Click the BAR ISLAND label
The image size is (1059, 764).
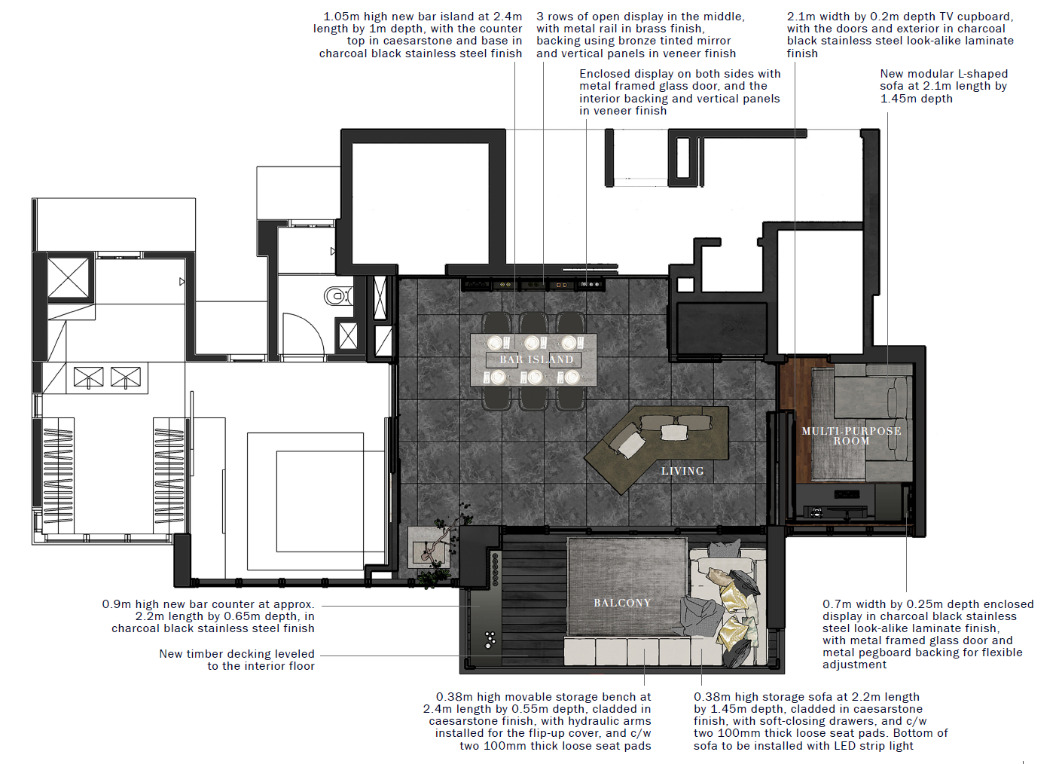click(536, 359)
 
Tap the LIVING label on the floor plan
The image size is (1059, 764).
click(682, 471)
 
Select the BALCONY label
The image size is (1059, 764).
click(622, 603)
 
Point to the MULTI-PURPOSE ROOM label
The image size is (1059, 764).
click(851, 435)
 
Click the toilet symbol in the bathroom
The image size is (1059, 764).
click(337, 297)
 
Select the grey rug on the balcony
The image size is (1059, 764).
click(626, 587)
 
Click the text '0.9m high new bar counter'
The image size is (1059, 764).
click(208, 604)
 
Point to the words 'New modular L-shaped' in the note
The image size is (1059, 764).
click(944, 74)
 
